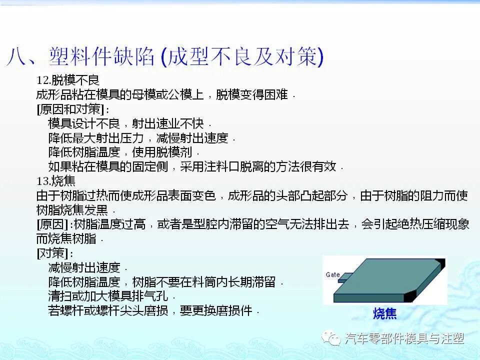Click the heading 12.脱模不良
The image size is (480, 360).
67,80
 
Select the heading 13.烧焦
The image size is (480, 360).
56,180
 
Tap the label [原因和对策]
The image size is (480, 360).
72,109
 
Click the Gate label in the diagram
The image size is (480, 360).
333,274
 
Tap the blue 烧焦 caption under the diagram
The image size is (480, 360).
384,313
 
